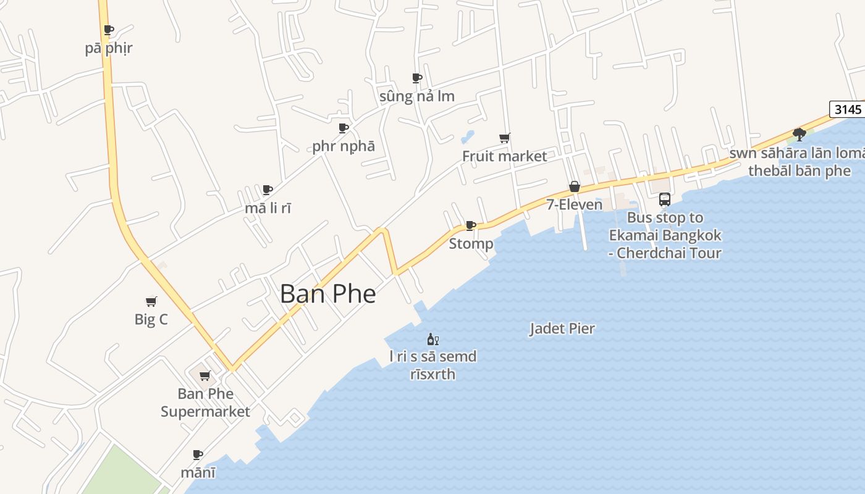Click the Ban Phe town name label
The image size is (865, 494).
[327, 293]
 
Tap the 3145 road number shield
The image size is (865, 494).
[847, 109]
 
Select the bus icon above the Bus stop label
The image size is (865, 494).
[665, 199]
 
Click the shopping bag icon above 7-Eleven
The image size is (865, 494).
[575, 186]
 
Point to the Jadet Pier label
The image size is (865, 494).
[562, 329]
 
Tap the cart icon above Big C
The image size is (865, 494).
[151, 301]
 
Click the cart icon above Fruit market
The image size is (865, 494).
[505, 138]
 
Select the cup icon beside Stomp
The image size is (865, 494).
[471, 225]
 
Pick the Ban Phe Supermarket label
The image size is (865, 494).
[205, 403]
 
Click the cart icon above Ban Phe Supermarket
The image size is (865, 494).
[205, 375]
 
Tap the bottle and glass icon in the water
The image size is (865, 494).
[432, 339]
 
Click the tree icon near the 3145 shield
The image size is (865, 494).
[800, 134]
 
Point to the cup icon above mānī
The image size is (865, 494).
[198, 454]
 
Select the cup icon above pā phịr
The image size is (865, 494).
[109, 30]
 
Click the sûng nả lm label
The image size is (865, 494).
[416, 96]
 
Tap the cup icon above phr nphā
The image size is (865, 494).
[344, 128]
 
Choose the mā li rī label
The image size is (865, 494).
[268, 208]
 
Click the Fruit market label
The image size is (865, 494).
[505, 156]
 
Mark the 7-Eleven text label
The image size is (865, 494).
[574, 204]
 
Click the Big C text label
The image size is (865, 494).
[151, 320]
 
